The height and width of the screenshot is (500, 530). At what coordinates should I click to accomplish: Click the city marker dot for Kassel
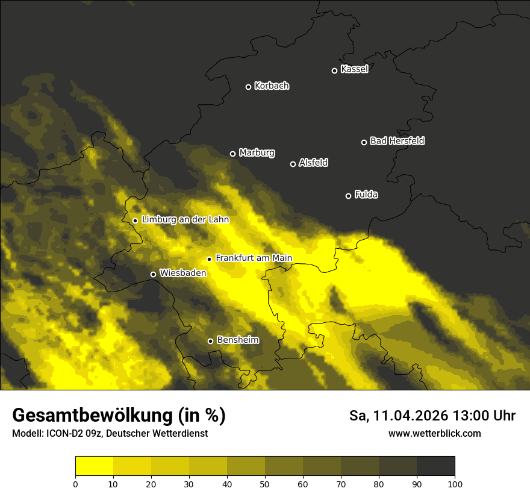(334, 70)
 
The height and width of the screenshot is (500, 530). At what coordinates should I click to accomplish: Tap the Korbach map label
(272, 86)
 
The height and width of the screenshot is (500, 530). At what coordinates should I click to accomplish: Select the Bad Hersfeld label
(397, 141)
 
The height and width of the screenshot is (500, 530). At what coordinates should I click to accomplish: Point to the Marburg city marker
(232, 154)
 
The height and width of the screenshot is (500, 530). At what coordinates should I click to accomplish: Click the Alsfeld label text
(313, 163)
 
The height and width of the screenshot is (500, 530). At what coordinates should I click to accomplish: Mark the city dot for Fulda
(348, 196)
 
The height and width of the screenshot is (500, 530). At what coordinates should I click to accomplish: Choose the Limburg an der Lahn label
(185, 220)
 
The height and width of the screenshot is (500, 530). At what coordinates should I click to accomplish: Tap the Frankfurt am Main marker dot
(209, 259)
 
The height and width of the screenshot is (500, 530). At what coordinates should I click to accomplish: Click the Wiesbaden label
(182, 273)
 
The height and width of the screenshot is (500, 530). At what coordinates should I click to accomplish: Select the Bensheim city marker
(210, 341)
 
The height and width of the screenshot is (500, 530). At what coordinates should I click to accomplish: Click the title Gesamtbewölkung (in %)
(119, 416)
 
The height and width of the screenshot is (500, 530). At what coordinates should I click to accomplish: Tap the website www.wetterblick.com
(434, 433)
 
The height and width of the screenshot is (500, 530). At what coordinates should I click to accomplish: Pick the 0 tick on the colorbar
(75, 484)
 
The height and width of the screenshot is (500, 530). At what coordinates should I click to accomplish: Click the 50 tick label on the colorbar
(265, 484)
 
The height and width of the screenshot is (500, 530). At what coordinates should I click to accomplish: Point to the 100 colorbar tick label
(455, 484)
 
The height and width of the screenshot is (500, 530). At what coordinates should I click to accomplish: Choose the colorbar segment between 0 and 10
(94, 466)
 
